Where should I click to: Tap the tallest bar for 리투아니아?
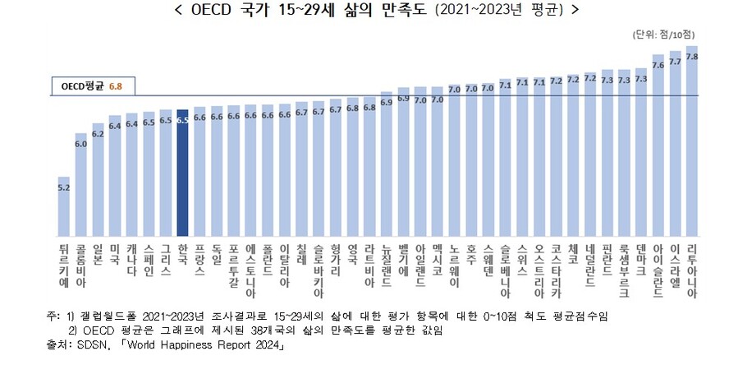click(x=692, y=140)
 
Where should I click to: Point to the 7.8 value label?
click(x=692, y=57)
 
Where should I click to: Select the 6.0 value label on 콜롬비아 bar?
click(x=81, y=143)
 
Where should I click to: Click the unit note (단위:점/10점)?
click(x=664, y=35)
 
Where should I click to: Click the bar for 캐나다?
click(x=132, y=173)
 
